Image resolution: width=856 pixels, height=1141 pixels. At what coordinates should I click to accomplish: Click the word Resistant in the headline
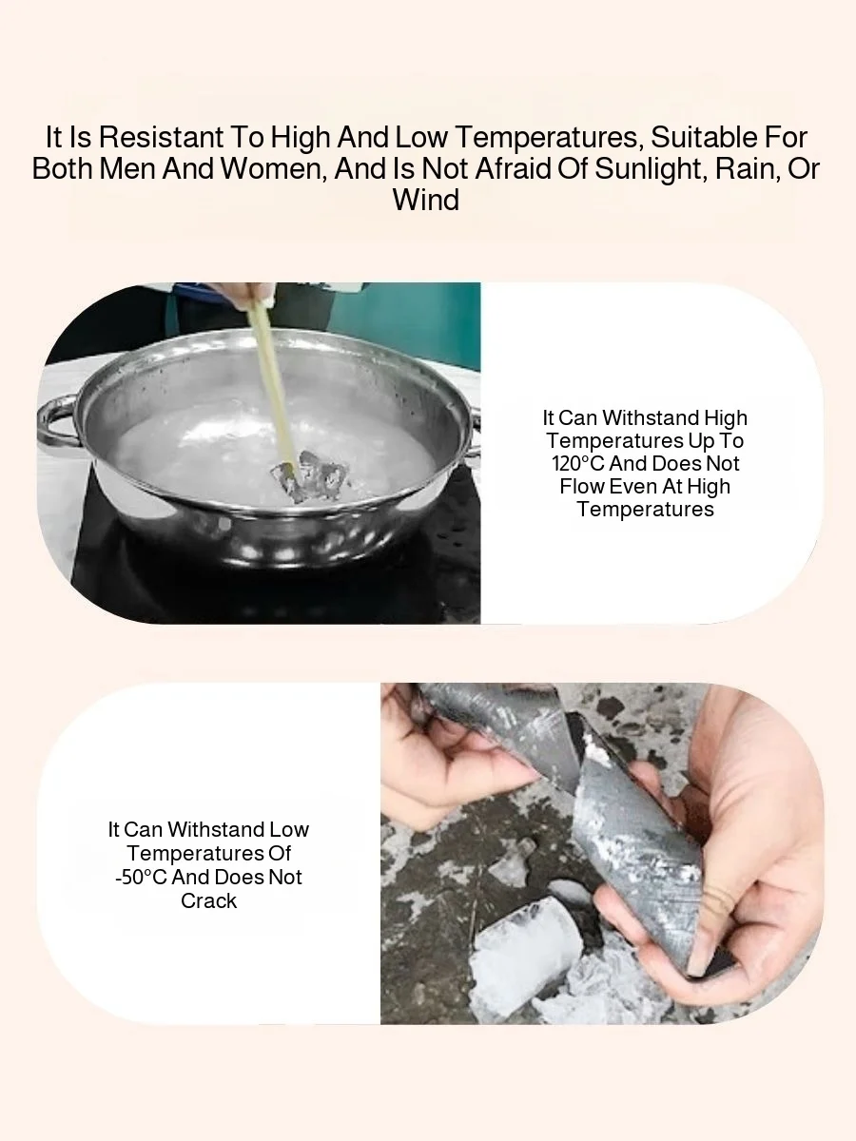161,138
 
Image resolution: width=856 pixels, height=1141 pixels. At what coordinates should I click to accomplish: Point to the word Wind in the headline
426,200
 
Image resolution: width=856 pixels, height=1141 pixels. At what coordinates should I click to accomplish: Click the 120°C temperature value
578,463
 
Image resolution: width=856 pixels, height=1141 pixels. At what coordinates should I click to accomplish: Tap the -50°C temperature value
142,877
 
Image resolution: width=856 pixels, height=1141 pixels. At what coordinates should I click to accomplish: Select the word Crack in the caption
208,900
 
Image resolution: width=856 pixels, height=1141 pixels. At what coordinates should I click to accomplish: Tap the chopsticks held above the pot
272,385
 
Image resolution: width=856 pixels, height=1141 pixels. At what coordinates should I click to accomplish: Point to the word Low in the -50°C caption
288,829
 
